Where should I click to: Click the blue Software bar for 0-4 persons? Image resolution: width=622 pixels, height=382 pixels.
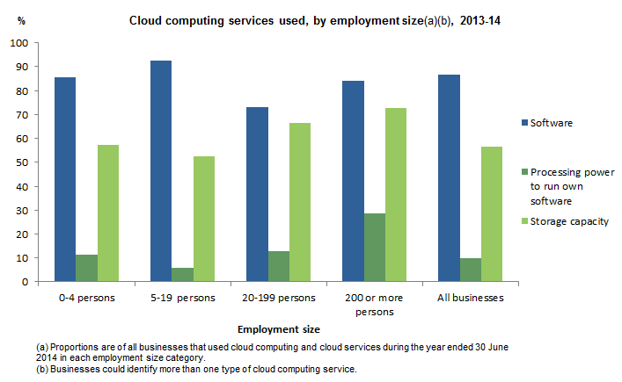click(x=65, y=179)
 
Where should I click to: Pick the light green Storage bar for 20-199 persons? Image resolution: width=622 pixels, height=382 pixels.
click(x=300, y=202)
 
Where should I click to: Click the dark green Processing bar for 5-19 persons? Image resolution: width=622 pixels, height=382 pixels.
click(x=183, y=275)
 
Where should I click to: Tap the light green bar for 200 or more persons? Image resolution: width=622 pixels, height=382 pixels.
click(x=396, y=195)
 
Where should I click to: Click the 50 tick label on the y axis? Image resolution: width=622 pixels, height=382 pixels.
click(x=22, y=162)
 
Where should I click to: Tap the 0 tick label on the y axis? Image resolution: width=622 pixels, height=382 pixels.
click(x=26, y=282)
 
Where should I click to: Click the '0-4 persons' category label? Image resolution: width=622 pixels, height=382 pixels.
click(x=86, y=298)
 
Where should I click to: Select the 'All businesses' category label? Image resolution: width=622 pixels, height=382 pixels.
click(x=471, y=298)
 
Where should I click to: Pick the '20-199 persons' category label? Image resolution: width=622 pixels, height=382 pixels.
click(x=278, y=298)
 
